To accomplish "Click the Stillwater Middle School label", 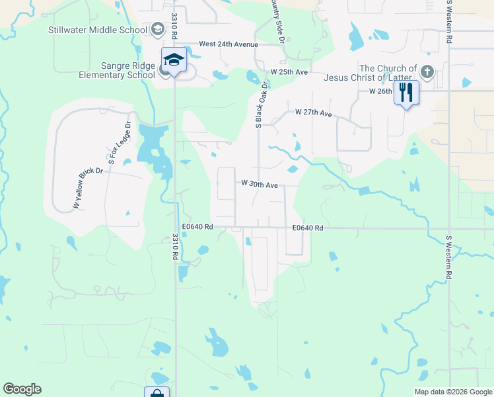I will [98, 30].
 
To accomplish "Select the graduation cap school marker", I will [174, 60].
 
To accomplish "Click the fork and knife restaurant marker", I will [406, 92].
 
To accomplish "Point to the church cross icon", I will [427, 71].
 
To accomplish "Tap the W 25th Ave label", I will [289, 71].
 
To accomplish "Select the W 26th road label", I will [380, 91].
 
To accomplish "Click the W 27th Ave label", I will [313, 113].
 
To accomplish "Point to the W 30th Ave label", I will [260, 185].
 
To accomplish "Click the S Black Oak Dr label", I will [260, 104].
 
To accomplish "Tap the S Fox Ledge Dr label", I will [120, 142].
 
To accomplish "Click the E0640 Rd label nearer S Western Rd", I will [308, 228].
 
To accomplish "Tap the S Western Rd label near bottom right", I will [449, 257].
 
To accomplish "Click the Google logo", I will [22, 389].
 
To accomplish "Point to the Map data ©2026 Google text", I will [453, 392].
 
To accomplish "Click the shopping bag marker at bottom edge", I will [157, 392].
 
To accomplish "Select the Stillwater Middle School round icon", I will [157, 30].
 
